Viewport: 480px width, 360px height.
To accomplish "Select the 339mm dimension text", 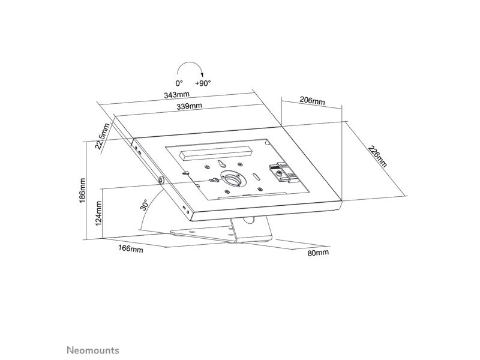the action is click(189, 106).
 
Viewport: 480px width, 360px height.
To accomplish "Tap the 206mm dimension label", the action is click(312, 100).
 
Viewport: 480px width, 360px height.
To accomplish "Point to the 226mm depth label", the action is click(377, 157).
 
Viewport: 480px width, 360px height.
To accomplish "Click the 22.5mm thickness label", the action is click(102, 136).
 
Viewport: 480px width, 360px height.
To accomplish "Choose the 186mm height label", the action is click(82, 190).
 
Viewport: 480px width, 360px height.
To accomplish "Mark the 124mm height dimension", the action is click(98, 214).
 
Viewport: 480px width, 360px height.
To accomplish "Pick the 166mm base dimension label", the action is click(131, 248).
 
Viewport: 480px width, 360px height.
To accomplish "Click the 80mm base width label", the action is click(319, 253).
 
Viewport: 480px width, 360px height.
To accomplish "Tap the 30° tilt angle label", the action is click(144, 205).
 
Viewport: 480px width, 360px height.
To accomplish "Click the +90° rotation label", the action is click(203, 83).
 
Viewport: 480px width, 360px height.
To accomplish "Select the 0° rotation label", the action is click(179, 83).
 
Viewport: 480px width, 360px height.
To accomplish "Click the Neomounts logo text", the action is click(93, 350).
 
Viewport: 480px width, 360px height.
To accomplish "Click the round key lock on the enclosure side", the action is click(161, 180).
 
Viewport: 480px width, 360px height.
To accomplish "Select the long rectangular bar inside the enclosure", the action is click(216, 153).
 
